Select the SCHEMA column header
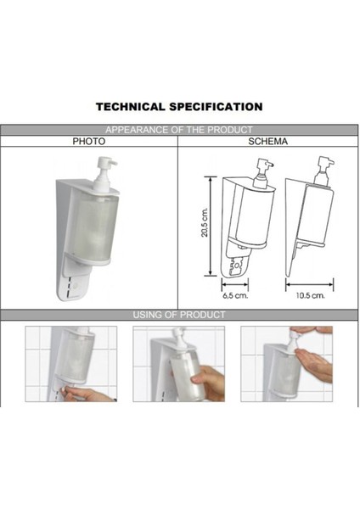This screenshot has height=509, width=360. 268,142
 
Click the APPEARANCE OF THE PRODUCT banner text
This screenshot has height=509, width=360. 179,130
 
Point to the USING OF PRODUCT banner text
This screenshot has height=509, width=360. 179,315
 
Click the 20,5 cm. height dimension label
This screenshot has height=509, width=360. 205,225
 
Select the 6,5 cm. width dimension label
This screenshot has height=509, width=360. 234,296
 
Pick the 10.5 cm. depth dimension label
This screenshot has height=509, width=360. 311,296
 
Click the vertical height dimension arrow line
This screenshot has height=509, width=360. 212,226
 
